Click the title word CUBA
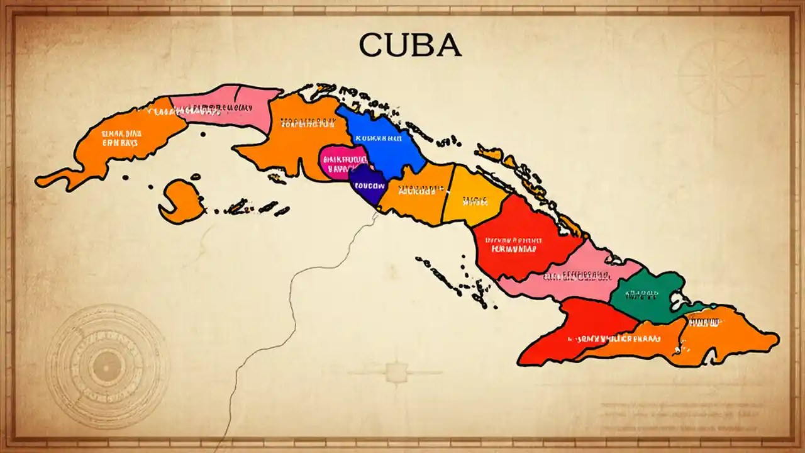tap(410, 46)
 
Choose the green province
tap(648, 296)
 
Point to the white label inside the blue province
tap(378, 137)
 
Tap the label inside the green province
tap(642, 293)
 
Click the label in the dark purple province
tap(367, 186)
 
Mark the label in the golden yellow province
tap(475, 201)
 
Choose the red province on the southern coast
tap(572, 333)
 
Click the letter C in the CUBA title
tap(372, 46)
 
